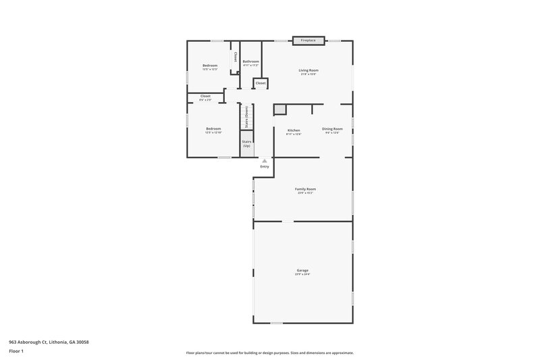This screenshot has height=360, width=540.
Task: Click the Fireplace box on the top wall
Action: pos(308,41)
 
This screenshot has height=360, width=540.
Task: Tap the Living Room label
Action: pos(308,70)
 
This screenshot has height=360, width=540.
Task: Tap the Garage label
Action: pos(302,270)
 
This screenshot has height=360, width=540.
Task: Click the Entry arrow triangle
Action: pos(265,161)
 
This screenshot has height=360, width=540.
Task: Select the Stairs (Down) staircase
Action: pos(247,116)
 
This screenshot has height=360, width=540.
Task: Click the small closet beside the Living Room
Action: pos(260,83)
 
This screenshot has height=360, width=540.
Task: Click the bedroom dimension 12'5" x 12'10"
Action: pos(213,132)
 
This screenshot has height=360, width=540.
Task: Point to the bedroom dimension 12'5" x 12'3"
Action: pos(210,69)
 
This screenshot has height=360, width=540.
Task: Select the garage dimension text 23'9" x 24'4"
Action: pos(302,274)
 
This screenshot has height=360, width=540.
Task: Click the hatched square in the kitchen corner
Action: pos(280,109)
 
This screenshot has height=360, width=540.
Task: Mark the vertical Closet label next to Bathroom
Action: pos(235,57)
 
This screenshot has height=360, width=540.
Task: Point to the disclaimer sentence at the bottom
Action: pos(269,353)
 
